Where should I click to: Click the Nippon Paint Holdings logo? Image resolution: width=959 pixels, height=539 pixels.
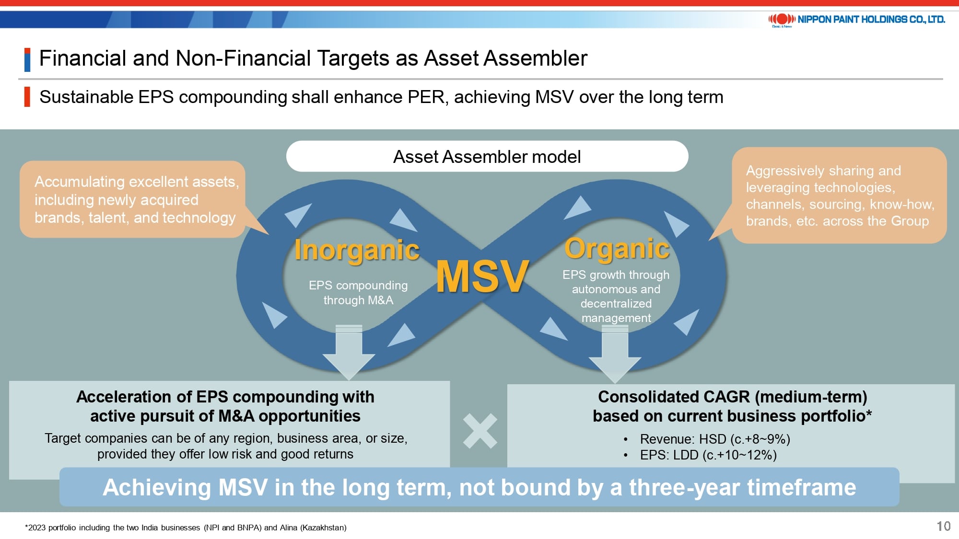856,20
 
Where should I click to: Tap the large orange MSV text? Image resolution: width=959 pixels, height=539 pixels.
482,276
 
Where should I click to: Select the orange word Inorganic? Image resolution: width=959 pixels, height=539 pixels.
357,250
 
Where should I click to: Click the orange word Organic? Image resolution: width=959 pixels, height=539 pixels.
617,249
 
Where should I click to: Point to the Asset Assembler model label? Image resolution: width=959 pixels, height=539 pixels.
487,157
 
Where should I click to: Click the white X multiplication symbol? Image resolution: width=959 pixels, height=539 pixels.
480,431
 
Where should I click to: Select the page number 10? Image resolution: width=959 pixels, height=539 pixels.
943,527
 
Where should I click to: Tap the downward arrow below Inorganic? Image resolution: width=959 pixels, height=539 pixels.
349,352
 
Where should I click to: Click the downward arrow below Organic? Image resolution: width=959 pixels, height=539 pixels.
615,354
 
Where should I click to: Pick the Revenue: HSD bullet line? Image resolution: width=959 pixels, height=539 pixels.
714,439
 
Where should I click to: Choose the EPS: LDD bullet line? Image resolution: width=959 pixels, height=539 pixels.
708,455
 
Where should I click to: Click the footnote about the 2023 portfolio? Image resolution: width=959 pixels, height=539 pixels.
186,528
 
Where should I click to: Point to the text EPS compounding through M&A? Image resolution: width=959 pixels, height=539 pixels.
358,292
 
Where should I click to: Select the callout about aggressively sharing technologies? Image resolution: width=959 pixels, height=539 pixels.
839,195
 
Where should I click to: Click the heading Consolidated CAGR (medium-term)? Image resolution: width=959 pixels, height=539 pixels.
733,397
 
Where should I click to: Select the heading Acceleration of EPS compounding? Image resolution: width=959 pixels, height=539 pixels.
225,397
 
